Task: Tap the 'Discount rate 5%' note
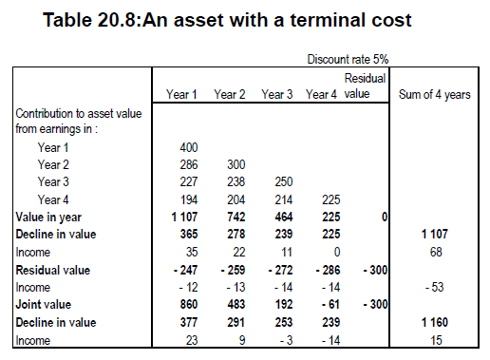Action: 348,59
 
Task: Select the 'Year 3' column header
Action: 277,94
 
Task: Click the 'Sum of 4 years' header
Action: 435,94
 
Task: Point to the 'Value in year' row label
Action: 48,218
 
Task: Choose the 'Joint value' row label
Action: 44,305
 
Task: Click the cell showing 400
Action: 189,147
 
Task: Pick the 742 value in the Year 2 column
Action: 236,217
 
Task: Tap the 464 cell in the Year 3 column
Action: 284,217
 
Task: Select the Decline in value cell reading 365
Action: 189,234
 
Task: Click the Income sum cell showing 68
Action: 436,252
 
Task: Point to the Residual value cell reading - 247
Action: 186,270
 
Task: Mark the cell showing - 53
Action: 434,287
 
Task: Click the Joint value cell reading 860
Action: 189,304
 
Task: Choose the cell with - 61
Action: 330,304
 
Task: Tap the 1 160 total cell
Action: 435,322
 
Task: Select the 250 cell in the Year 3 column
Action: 284,181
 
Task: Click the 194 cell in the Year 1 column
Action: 189,199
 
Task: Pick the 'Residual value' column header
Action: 365,86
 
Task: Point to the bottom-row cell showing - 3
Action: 287,340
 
